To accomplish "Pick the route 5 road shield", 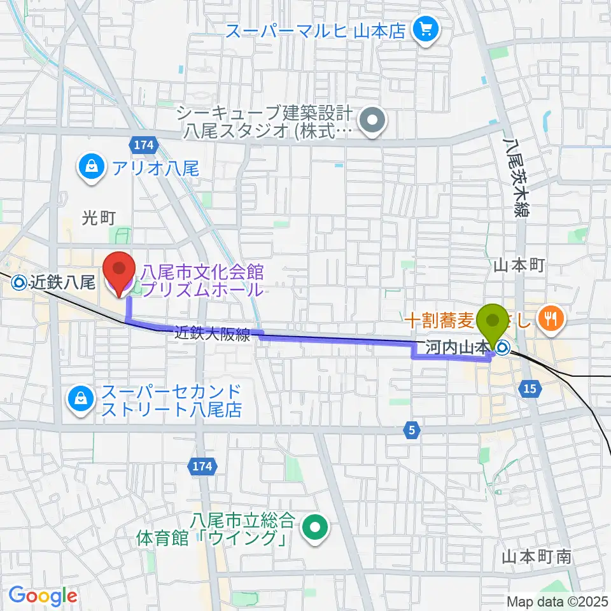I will (412, 431).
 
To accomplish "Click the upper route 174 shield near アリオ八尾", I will (144, 145).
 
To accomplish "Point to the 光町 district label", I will (98, 218).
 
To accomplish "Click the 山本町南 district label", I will (536, 557).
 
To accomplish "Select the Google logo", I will (43, 596).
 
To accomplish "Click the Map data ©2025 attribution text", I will (558, 601).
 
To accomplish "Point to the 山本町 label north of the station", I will (519, 267).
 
